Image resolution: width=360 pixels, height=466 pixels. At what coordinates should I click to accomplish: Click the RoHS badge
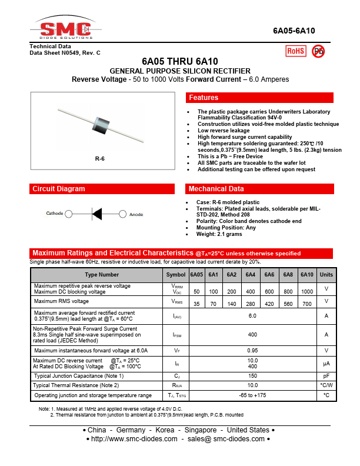tap(295, 51)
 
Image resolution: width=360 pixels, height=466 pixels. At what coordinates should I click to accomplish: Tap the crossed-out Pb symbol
tap(318, 51)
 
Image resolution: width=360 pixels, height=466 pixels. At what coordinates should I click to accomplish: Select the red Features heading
tap(204, 98)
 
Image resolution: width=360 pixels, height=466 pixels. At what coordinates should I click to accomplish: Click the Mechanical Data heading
tap(216, 189)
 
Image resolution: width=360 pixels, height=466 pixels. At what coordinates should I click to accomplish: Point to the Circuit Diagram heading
tap(59, 189)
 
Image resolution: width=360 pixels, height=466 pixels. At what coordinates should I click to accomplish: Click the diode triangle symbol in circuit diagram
tap(97, 214)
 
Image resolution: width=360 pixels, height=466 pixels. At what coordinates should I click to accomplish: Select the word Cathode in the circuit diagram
tap(55, 214)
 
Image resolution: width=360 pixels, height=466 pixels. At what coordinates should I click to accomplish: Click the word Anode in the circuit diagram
tap(136, 214)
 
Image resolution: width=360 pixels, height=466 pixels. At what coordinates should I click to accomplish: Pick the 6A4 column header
tap(251, 275)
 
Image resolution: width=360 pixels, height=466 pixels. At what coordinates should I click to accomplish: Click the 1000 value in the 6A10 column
tap(306, 291)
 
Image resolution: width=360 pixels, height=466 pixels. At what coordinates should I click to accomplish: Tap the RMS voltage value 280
tap(251, 304)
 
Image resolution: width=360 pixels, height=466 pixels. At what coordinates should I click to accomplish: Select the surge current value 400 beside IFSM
tap(252, 334)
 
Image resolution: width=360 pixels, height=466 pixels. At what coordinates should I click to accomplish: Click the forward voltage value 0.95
tap(252, 350)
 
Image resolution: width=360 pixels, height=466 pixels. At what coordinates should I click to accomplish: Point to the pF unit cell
tap(326, 375)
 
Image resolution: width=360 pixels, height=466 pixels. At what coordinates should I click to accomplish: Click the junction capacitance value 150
tap(252, 375)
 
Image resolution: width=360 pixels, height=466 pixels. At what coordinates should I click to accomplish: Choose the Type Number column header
tap(102, 275)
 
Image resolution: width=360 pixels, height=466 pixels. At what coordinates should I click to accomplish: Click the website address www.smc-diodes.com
tap(135, 439)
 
